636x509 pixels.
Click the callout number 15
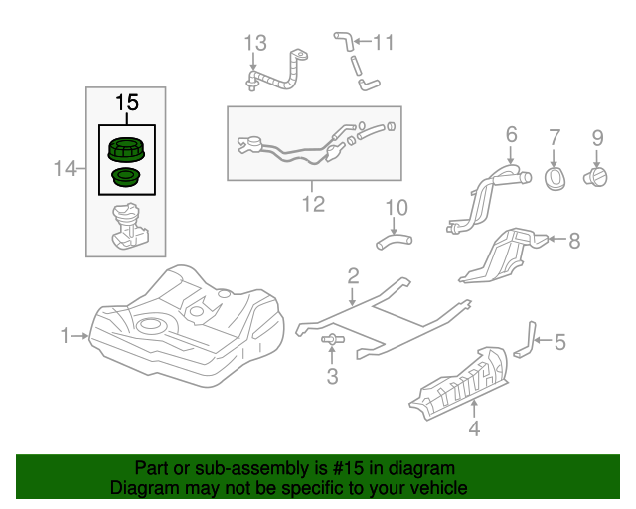coord(126,102)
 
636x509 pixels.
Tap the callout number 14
coord(65,170)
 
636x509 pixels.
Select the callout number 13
coord(256,43)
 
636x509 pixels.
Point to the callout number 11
coord(383,43)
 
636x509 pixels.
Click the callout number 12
coord(313,204)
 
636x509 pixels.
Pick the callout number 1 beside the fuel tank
coord(66,337)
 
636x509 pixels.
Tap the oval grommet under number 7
coord(555,177)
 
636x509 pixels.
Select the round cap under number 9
coord(597,177)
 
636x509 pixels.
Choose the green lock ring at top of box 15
coord(126,151)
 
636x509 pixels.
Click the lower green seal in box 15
coord(125,179)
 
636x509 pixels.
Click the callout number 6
coord(512,134)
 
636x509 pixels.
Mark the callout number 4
coord(474,429)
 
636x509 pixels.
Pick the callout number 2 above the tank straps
coord(352,274)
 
